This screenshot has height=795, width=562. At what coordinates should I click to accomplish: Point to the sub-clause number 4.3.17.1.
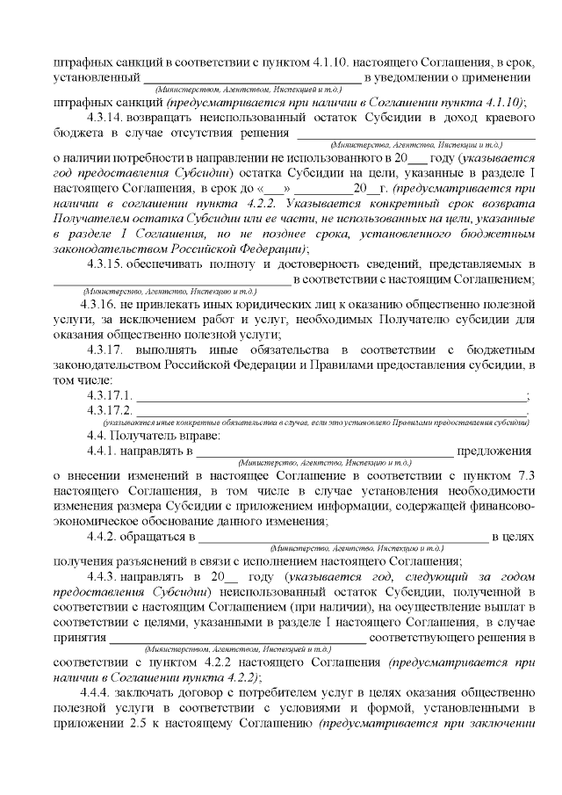[109, 394]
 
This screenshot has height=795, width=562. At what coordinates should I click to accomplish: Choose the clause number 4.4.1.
[102, 451]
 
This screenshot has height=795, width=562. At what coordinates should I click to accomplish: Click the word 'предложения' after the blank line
[496, 451]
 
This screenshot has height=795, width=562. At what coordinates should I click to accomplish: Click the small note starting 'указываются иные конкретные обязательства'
[315, 423]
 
